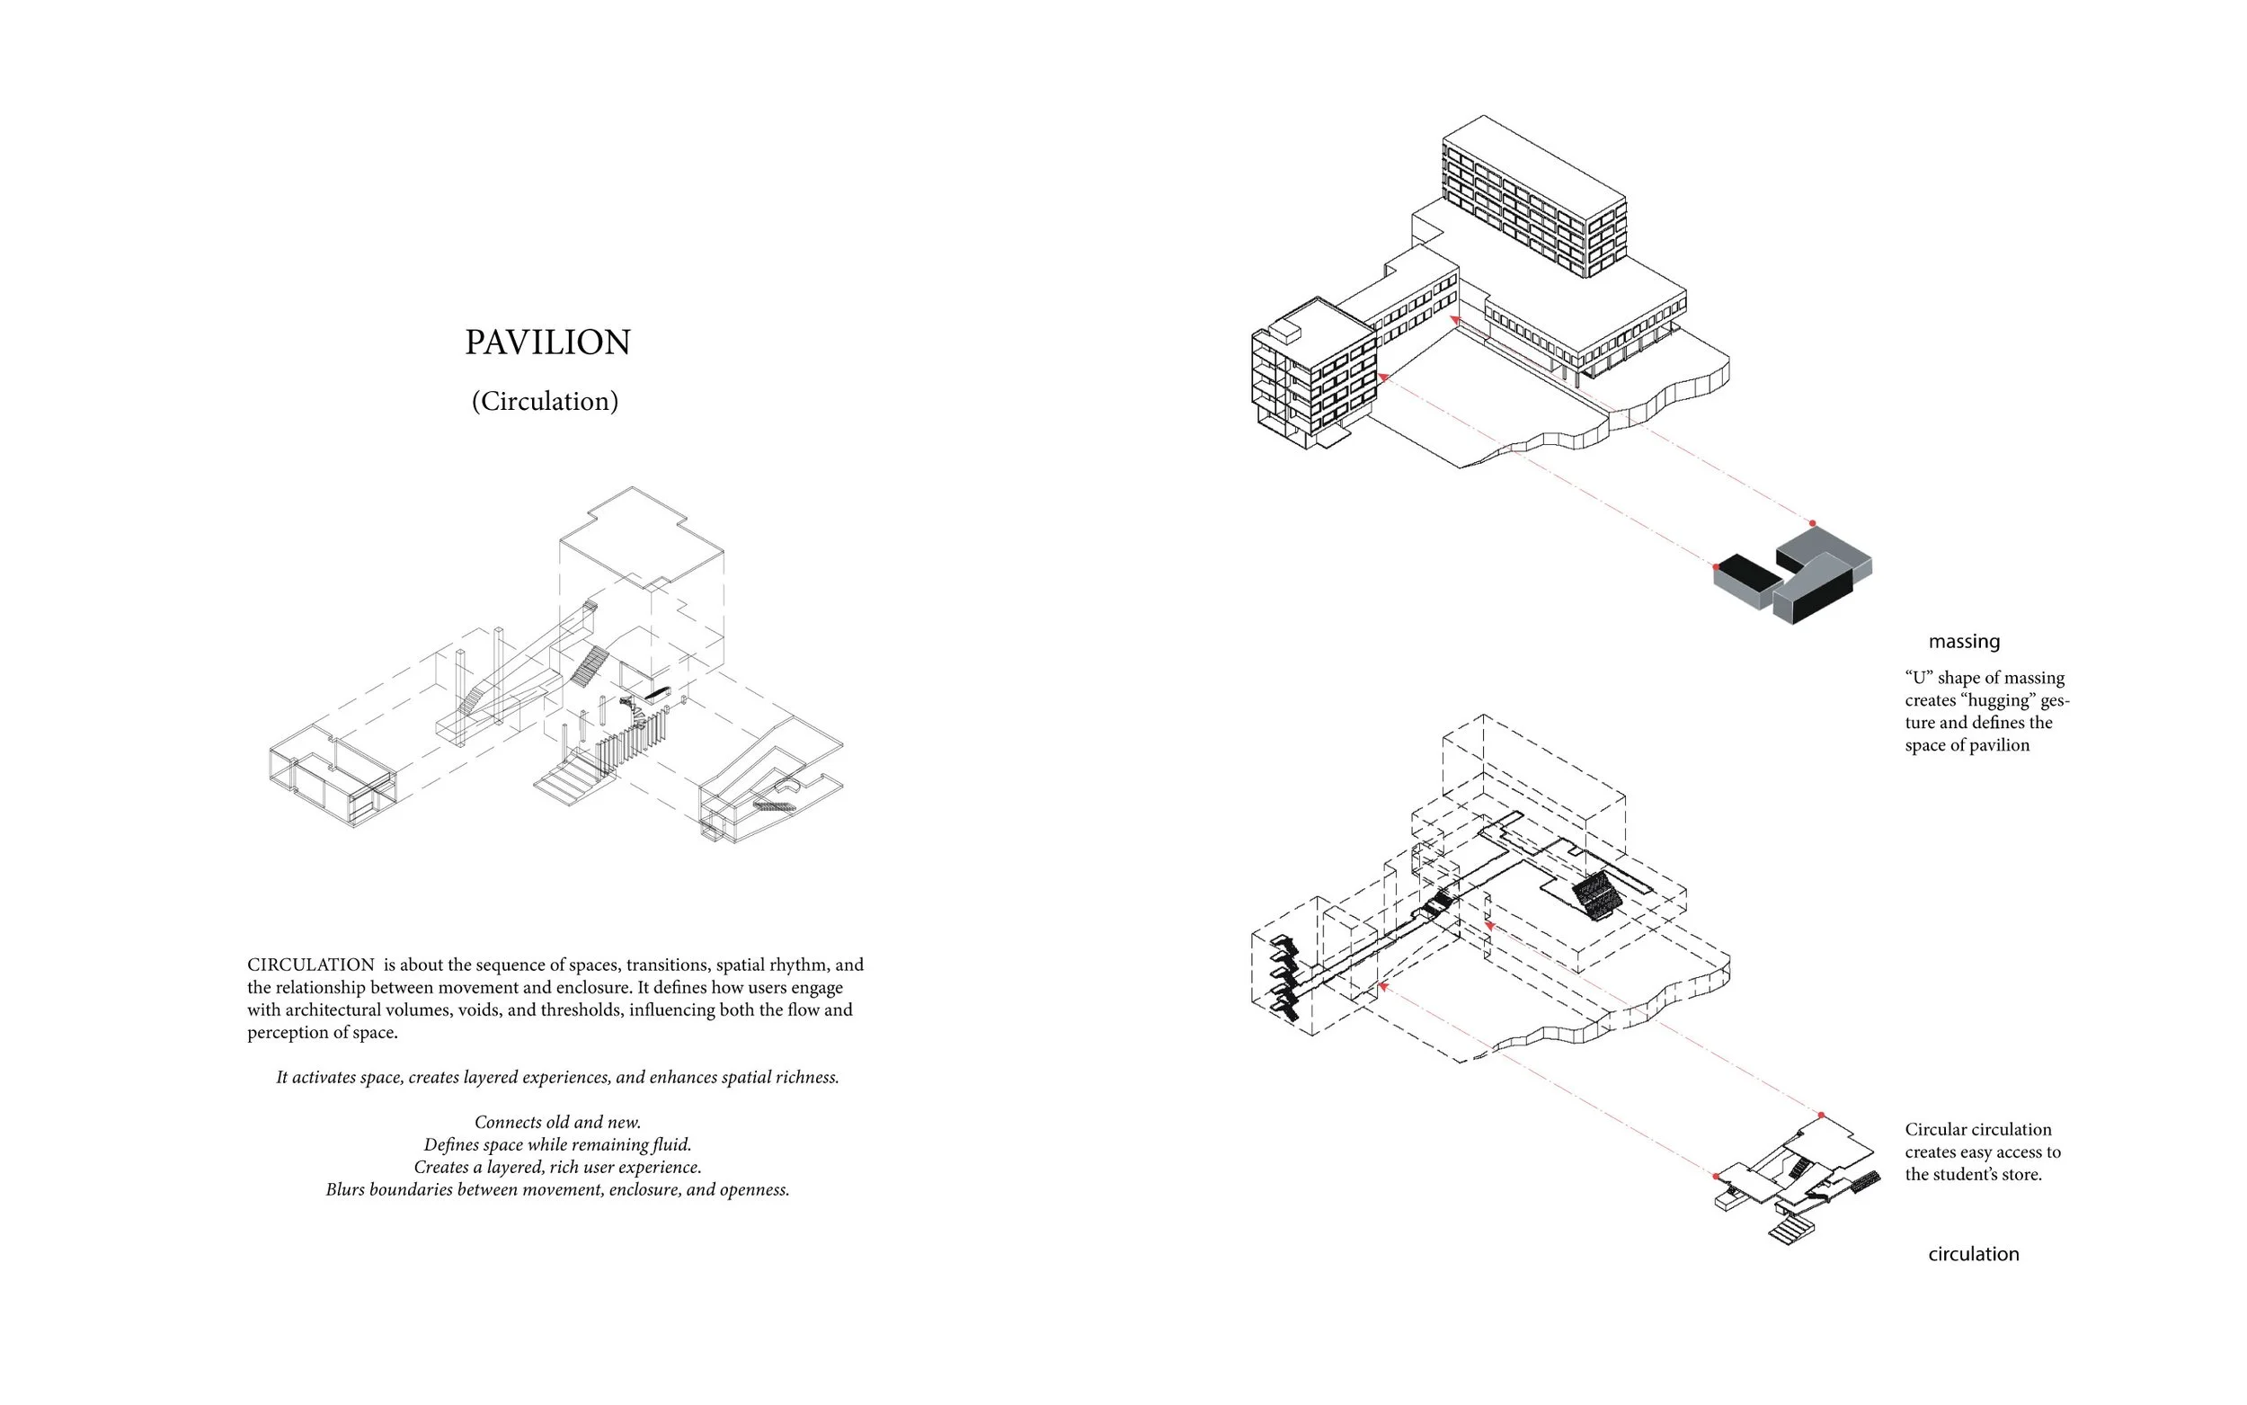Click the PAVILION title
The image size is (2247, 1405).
[547, 342]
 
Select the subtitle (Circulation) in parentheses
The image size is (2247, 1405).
[546, 402]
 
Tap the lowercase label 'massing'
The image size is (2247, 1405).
[1964, 641]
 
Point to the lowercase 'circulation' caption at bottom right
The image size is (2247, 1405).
[1973, 1254]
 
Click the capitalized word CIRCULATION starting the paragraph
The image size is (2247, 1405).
[310, 965]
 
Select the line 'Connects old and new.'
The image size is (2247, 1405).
[557, 1122]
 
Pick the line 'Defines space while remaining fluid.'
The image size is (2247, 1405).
[557, 1144]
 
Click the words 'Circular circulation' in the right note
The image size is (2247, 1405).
[1977, 1129]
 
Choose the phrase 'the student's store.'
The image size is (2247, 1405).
[1973, 1174]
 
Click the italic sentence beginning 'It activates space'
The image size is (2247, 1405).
[557, 1077]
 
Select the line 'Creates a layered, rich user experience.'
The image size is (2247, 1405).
[557, 1167]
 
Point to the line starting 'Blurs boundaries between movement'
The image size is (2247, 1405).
[557, 1189]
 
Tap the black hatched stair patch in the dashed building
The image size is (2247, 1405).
[1598, 894]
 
